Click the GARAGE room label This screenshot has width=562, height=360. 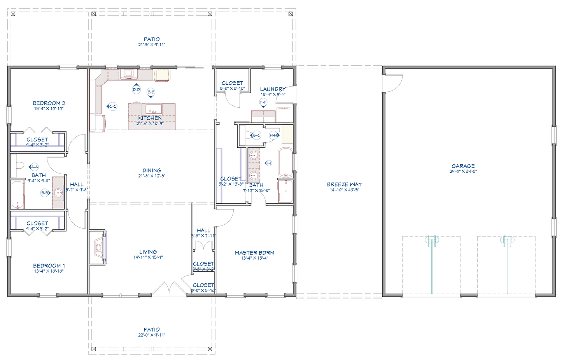[463, 166]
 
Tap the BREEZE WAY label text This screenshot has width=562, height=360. [344, 185]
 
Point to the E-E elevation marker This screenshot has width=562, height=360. [151, 93]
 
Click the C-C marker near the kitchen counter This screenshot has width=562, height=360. [112, 107]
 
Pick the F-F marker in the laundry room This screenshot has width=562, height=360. [263, 103]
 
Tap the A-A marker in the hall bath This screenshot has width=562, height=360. [34, 167]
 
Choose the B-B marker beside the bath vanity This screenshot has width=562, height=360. [45, 193]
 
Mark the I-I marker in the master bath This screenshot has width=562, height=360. [268, 163]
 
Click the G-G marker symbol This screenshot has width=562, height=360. [256, 135]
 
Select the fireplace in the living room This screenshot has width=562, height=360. [98, 247]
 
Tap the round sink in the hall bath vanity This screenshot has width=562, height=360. [59, 192]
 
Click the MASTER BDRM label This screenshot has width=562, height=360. [254, 253]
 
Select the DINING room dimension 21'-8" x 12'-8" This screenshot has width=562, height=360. [152, 176]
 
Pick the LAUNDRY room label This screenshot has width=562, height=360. [273, 89]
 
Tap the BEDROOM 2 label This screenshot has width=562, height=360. [49, 103]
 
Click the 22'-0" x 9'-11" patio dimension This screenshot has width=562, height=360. [152, 335]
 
